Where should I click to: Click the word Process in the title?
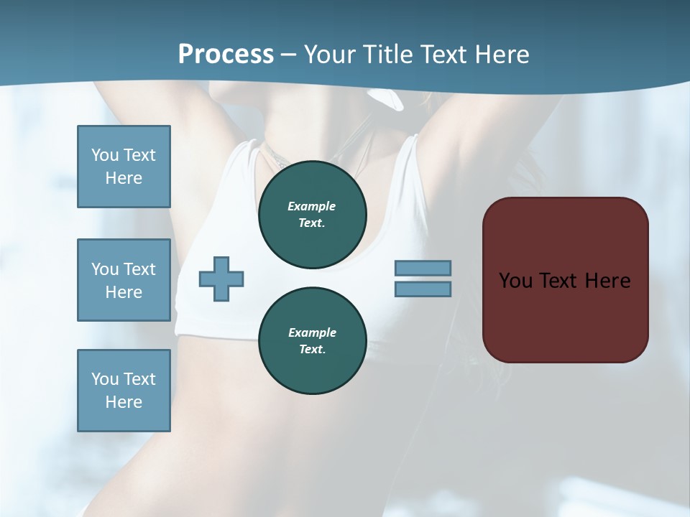point(226,55)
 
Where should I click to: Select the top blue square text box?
point(124,167)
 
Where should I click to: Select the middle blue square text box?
point(124,280)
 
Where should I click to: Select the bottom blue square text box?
point(124,391)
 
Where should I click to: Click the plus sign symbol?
point(221,279)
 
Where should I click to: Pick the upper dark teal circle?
point(313,215)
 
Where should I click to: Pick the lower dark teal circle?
point(313,341)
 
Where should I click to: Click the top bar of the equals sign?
point(423,269)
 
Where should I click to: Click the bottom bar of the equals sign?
point(423,289)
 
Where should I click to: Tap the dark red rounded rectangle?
point(565,316)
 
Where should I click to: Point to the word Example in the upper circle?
point(312,206)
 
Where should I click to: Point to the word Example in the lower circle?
point(312,332)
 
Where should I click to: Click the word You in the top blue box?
point(104,155)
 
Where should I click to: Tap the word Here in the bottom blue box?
point(124,402)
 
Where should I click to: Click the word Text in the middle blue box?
point(139,269)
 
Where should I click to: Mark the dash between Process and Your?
point(289,55)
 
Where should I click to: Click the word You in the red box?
point(515,281)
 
